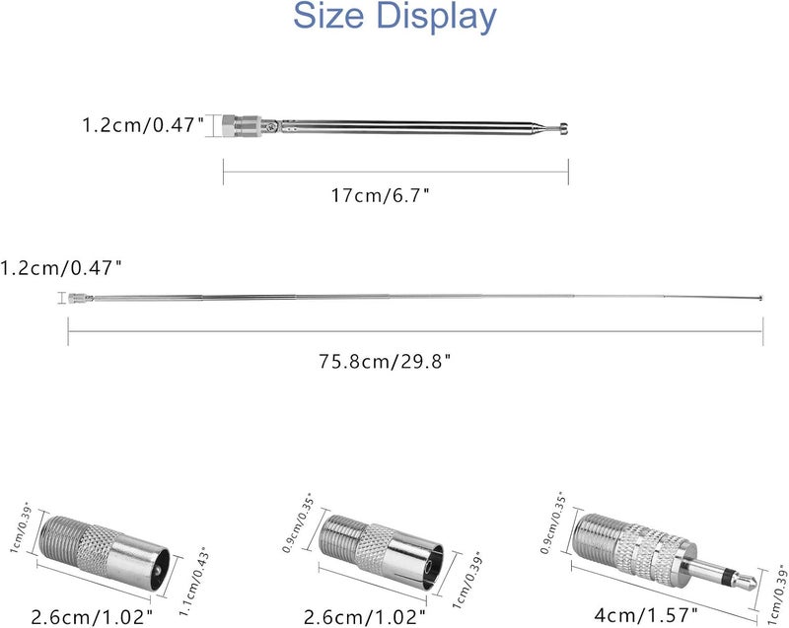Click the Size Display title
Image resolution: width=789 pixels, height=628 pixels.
coord(394,16)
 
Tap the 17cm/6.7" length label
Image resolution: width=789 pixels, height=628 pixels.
coord(381,195)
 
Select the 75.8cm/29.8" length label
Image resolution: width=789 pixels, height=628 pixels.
coord(385,361)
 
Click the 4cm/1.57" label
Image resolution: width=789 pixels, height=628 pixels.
coord(646,614)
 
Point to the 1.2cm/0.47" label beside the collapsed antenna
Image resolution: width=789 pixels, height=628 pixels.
coord(143,124)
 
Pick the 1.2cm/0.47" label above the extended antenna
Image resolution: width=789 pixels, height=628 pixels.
coord(61,267)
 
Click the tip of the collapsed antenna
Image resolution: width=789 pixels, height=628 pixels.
coord(565,129)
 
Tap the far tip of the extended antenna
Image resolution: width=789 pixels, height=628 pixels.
coord(760,299)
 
